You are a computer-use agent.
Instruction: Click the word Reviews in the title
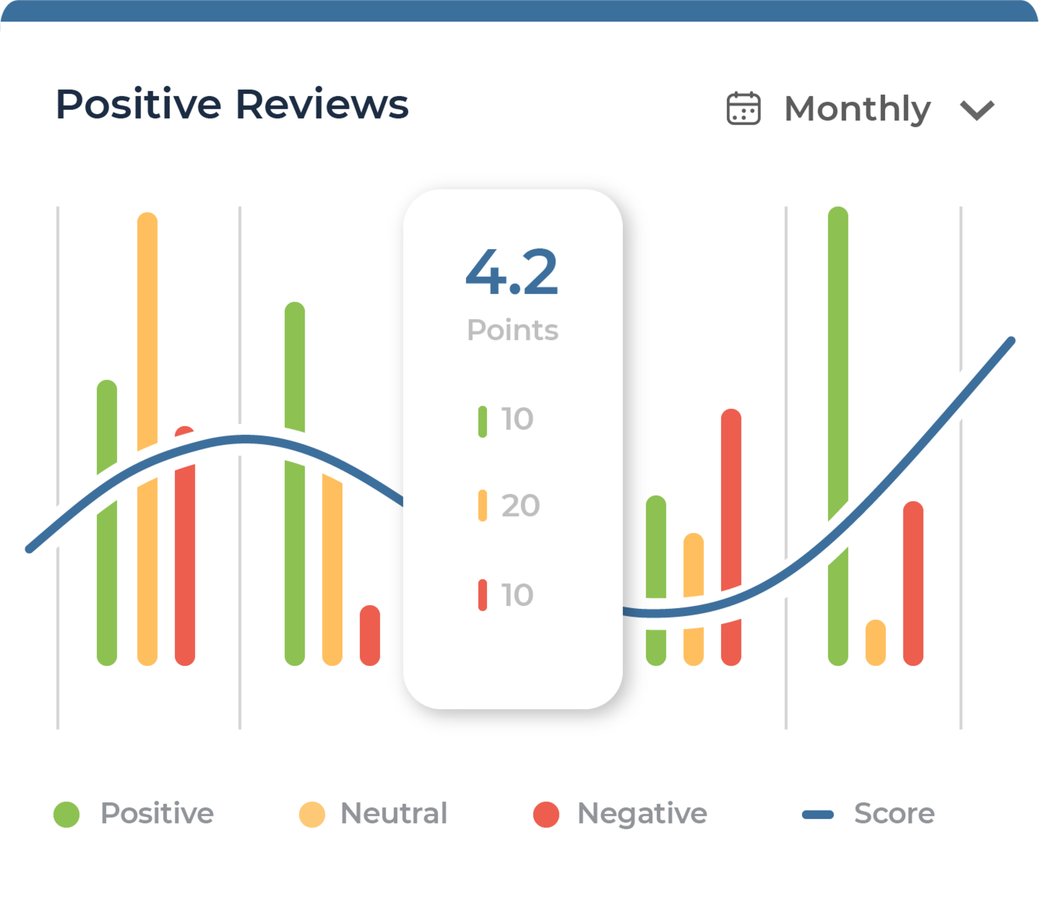tap(322, 104)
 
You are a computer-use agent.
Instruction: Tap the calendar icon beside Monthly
tap(743, 108)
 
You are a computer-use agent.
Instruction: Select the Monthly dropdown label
tap(857, 110)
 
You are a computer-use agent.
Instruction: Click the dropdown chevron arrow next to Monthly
tap(977, 110)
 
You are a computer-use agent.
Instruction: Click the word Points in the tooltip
tap(512, 330)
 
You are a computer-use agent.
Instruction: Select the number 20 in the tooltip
tap(521, 506)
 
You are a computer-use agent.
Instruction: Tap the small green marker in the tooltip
tap(482, 421)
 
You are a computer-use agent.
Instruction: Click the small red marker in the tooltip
tap(482, 595)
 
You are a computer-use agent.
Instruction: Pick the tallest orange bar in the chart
tap(147, 439)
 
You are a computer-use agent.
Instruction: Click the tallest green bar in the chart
tap(838, 436)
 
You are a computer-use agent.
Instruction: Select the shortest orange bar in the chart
tap(875, 642)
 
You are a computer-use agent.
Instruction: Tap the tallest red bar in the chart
tap(731, 537)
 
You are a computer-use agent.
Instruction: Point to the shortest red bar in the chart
tap(370, 635)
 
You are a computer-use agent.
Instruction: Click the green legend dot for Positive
tap(67, 814)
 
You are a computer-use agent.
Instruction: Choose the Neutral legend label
tap(393, 813)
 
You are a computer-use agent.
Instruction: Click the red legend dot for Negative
tap(546, 814)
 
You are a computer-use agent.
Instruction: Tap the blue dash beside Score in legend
tap(818, 814)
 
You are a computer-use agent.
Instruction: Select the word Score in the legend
tap(894, 813)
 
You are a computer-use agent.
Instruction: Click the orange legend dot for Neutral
tap(312, 814)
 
